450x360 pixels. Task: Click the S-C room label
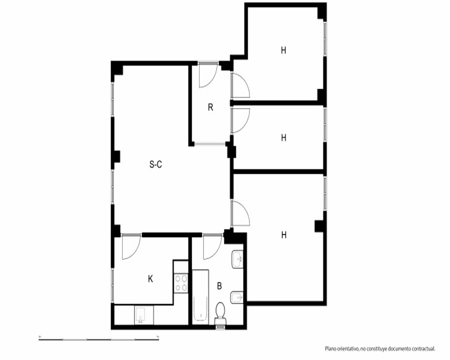pos(156,165)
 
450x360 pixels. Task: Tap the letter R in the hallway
pos(211,108)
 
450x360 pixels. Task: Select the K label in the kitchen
pos(150,279)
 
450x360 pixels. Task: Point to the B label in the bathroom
pos(219,286)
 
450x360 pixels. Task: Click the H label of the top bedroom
pos(283,50)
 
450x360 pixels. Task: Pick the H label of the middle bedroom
pos(283,138)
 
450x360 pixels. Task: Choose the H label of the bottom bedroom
pos(284,235)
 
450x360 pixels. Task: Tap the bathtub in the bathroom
pos(200,297)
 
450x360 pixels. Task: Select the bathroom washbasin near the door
pos(237,260)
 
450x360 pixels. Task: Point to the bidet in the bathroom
pos(237,297)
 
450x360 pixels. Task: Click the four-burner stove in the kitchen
pos(181,283)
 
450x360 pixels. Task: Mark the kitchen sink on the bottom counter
pos(140,315)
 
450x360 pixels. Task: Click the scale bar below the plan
pos(99,339)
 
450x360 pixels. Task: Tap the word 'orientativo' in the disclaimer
pos(347,349)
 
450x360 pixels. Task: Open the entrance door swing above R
pos(208,76)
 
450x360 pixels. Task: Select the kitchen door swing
pos(131,247)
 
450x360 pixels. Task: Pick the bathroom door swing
pos(213,247)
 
